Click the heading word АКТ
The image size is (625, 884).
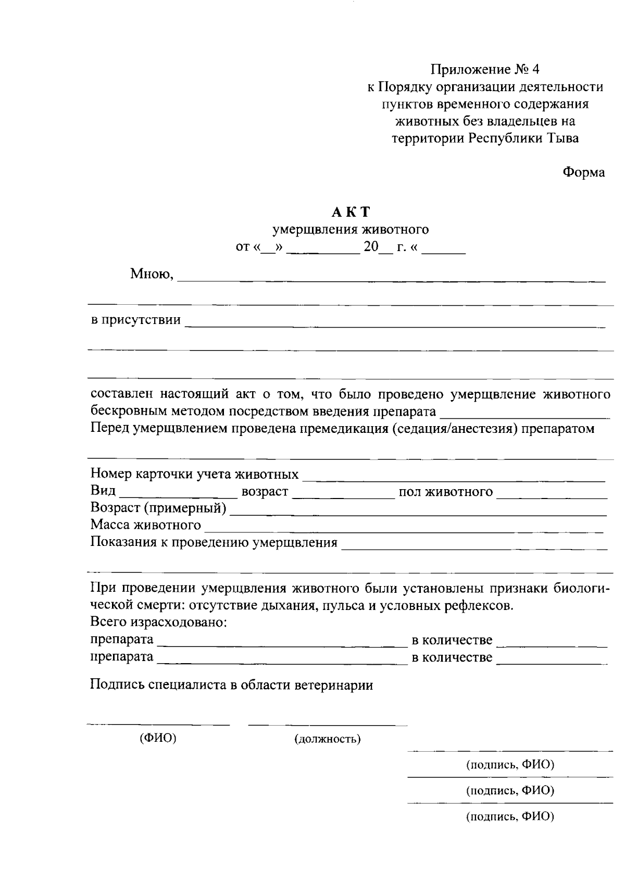351,212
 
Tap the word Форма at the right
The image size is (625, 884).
584,172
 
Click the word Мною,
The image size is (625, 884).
152,274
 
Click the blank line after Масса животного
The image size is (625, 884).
404,528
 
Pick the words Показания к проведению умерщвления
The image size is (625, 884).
214,543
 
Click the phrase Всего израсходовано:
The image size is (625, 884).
158,622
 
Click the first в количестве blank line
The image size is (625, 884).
552,642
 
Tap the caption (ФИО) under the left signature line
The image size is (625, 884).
158,738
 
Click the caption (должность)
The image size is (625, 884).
328,739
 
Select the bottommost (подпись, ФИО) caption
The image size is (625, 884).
510,817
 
